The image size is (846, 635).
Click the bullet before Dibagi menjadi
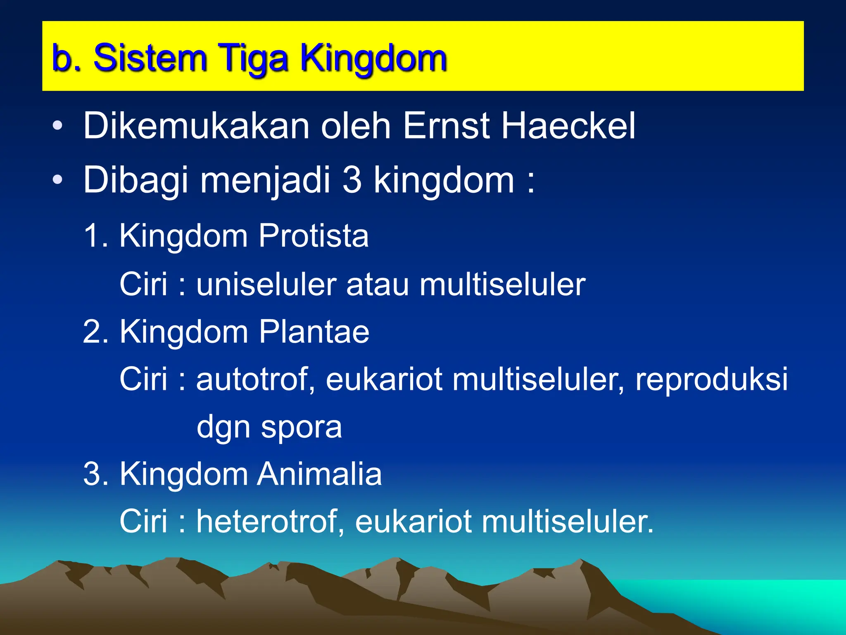click(x=58, y=179)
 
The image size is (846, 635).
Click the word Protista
click(x=314, y=236)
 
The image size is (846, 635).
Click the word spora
click(x=301, y=427)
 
